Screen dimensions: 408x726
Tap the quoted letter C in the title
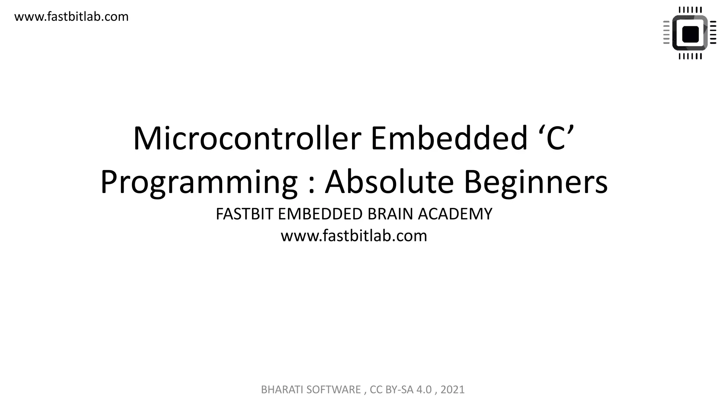[x=555, y=138]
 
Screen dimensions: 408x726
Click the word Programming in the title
[x=199, y=182]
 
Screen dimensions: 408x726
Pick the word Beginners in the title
[x=536, y=182]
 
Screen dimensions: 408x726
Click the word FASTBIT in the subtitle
[x=245, y=214]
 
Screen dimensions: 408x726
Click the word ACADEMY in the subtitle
[x=455, y=214]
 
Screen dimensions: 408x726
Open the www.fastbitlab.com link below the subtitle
[x=354, y=236]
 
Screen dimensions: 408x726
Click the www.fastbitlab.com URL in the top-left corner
[x=71, y=17]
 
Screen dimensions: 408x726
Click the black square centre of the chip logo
[x=690, y=34]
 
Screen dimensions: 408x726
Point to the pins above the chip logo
[x=690, y=10]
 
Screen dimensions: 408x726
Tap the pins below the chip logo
[x=690, y=56]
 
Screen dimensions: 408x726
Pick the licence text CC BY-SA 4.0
[x=401, y=390]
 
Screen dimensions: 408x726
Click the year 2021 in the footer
[x=452, y=390]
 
